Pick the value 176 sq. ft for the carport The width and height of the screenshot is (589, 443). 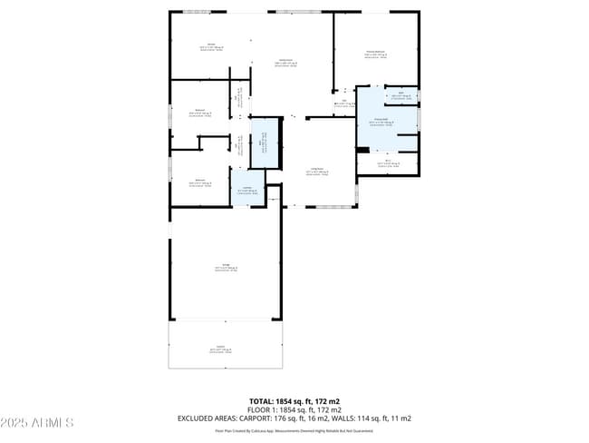tap(291, 418)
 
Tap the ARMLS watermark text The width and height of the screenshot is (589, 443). tap(55, 423)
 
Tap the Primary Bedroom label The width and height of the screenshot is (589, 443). tap(376, 54)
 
